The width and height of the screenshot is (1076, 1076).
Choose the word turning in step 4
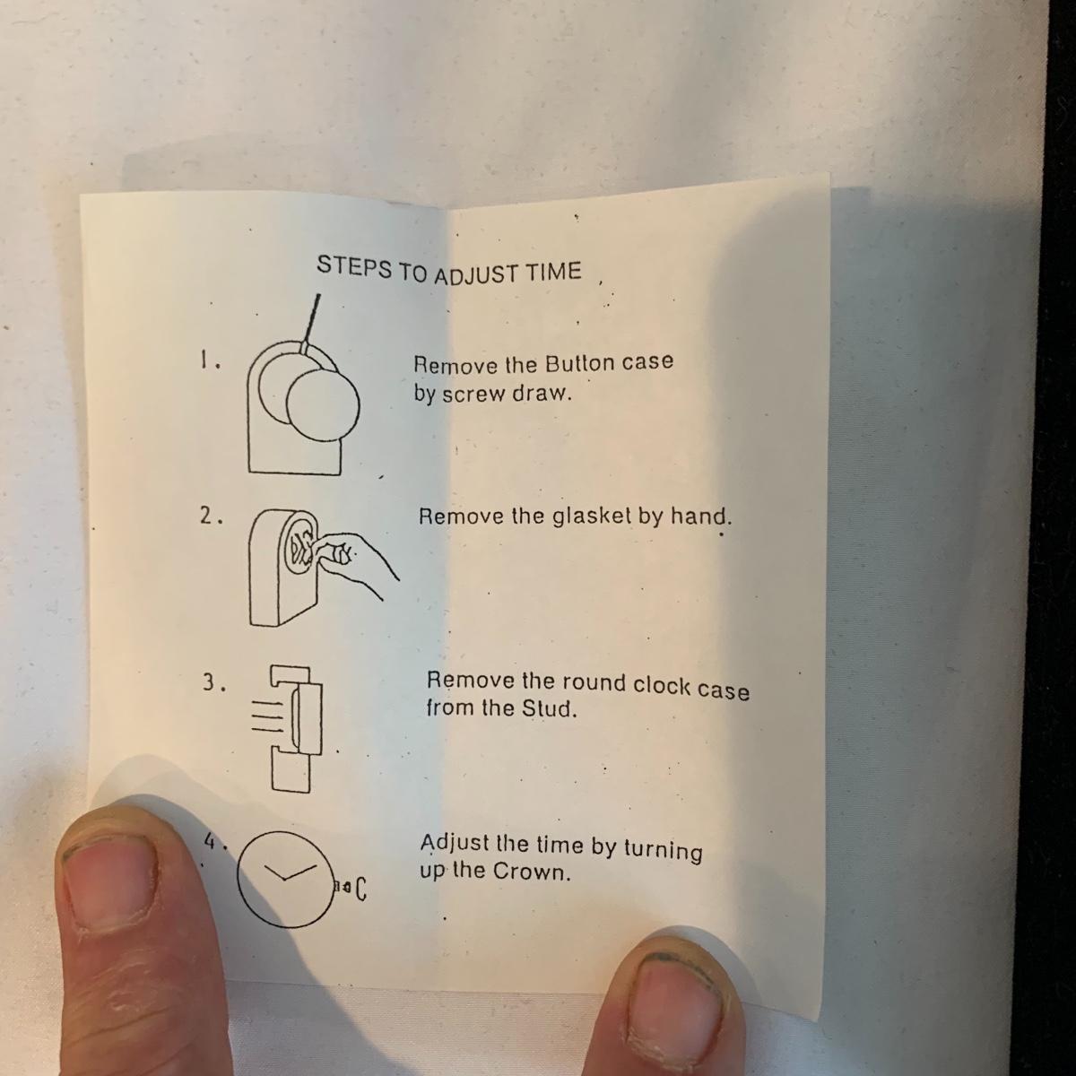coord(663,850)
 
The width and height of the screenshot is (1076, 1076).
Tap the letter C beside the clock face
coord(361,888)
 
